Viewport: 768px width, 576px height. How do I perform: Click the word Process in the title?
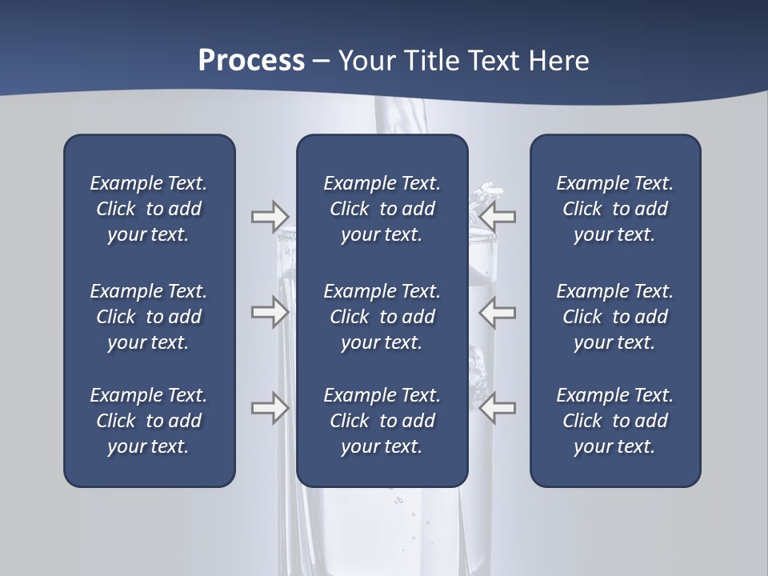tap(251, 61)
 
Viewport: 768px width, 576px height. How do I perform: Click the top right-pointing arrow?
tap(270, 216)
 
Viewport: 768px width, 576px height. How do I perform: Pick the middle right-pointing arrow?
tap(270, 312)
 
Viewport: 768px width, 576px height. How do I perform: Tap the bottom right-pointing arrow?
tap(270, 408)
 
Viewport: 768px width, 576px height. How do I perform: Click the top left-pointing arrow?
tap(498, 216)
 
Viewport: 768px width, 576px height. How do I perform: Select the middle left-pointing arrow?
tap(498, 312)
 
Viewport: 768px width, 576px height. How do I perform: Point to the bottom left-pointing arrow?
tap(498, 408)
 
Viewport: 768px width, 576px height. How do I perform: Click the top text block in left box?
tap(149, 209)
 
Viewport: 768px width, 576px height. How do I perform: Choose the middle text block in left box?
tap(149, 317)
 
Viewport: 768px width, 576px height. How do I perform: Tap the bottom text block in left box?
tap(149, 421)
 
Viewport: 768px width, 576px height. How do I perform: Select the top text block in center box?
tap(382, 209)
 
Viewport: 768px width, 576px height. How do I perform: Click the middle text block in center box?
tap(382, 317)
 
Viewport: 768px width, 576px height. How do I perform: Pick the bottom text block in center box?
tap(382, 421)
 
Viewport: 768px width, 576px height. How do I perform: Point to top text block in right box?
tap(614, 209)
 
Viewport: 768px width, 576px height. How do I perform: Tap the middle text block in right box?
tap(614, 317)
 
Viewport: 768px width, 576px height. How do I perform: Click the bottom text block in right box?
tap(614, 421)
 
